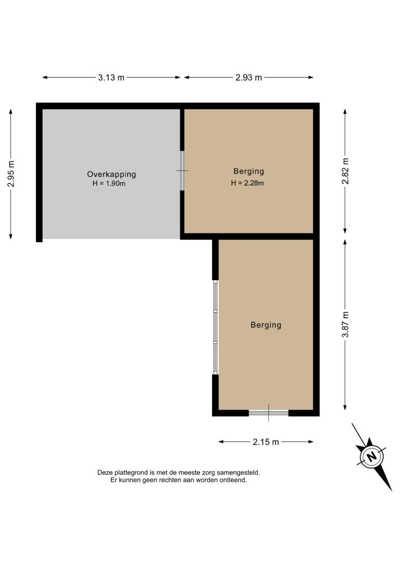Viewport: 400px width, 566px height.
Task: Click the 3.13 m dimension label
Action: [111, 77]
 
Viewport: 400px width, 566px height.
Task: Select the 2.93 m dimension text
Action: [249, 77]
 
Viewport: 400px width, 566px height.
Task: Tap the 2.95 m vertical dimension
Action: [11, 174]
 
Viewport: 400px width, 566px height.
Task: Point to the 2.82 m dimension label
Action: [345, 171]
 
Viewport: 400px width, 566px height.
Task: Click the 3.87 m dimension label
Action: [345, 325]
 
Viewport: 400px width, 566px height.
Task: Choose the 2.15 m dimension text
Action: [266, 442]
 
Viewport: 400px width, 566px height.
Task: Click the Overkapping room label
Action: [111, 175]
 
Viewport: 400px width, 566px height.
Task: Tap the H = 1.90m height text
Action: [109, 183]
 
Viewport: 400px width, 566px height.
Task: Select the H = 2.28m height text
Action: [247, 183]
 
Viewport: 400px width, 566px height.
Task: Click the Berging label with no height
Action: [266, 325]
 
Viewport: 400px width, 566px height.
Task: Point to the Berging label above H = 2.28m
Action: [248, 171]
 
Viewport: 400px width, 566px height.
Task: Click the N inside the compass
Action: [371, 456]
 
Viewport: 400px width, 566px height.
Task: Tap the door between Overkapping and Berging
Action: [182, 170]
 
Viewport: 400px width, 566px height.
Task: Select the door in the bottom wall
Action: [269, 413]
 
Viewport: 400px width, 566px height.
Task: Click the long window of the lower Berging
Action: [215, 327]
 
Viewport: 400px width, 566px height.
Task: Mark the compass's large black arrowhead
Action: [384, 477]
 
